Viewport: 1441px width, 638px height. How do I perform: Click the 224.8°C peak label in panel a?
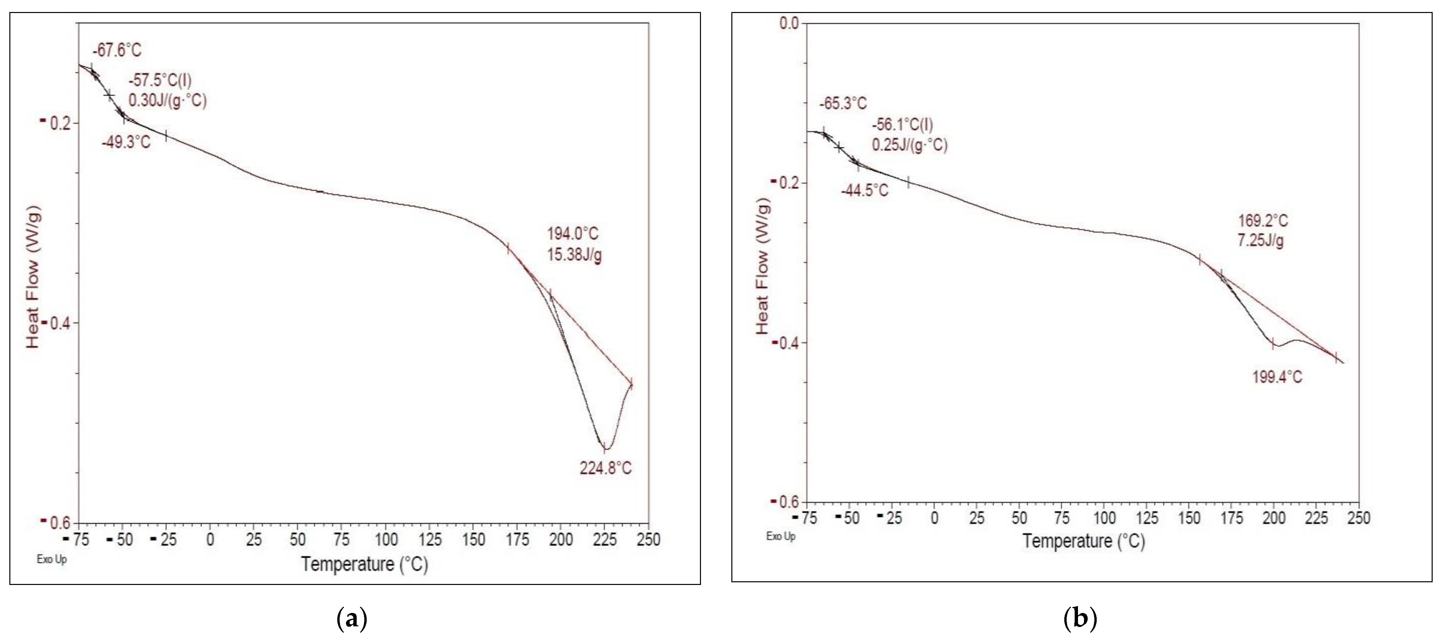point(605,467)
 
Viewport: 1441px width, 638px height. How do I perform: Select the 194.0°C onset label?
point(572,234)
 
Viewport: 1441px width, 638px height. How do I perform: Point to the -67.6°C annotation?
point(117,50)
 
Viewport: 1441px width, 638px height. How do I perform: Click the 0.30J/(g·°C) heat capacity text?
point(167,101)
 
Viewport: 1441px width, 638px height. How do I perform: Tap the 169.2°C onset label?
point(1263,221)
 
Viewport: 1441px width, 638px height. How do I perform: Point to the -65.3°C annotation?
point(843,103)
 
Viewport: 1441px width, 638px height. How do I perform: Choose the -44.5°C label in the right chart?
point(864,191)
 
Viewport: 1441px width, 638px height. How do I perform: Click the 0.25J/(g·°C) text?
point(910,145)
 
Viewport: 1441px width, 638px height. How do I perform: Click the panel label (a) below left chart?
point(352,620)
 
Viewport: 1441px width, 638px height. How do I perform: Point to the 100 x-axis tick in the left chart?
point(386,540)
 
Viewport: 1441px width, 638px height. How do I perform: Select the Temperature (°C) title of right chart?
point(1084,541)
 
